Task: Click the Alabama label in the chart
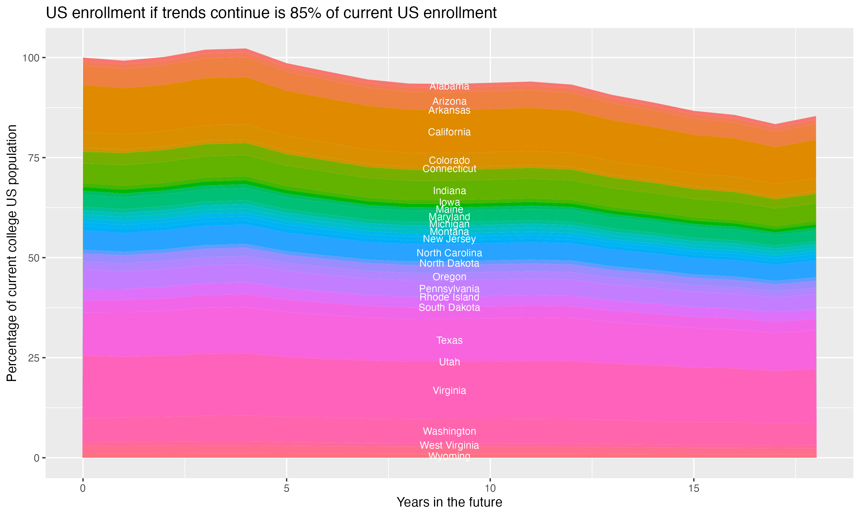click(x=449, y=86)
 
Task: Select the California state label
click(x=449, y=132)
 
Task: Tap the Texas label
click(x=449, y=340)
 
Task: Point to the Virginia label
click(x=449, y=390)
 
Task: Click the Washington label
click(x=449, y=431)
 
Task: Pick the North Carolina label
click(x=449, y=253)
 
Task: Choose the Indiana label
click(x=449, y=191)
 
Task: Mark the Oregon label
click(x=449, y=277)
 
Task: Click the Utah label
click(x=449, y=362)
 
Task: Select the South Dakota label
click(x=449, y=307)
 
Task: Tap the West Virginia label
click(x=449, y=445)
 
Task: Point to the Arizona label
click(x=449, y=101)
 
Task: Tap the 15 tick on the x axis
click(x=693, y=488)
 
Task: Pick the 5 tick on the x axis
click(x=286, y=488)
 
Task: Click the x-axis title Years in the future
click(x=449, y=502)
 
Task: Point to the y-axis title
click(x=12, y=253)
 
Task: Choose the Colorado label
click(x=449, y=160)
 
